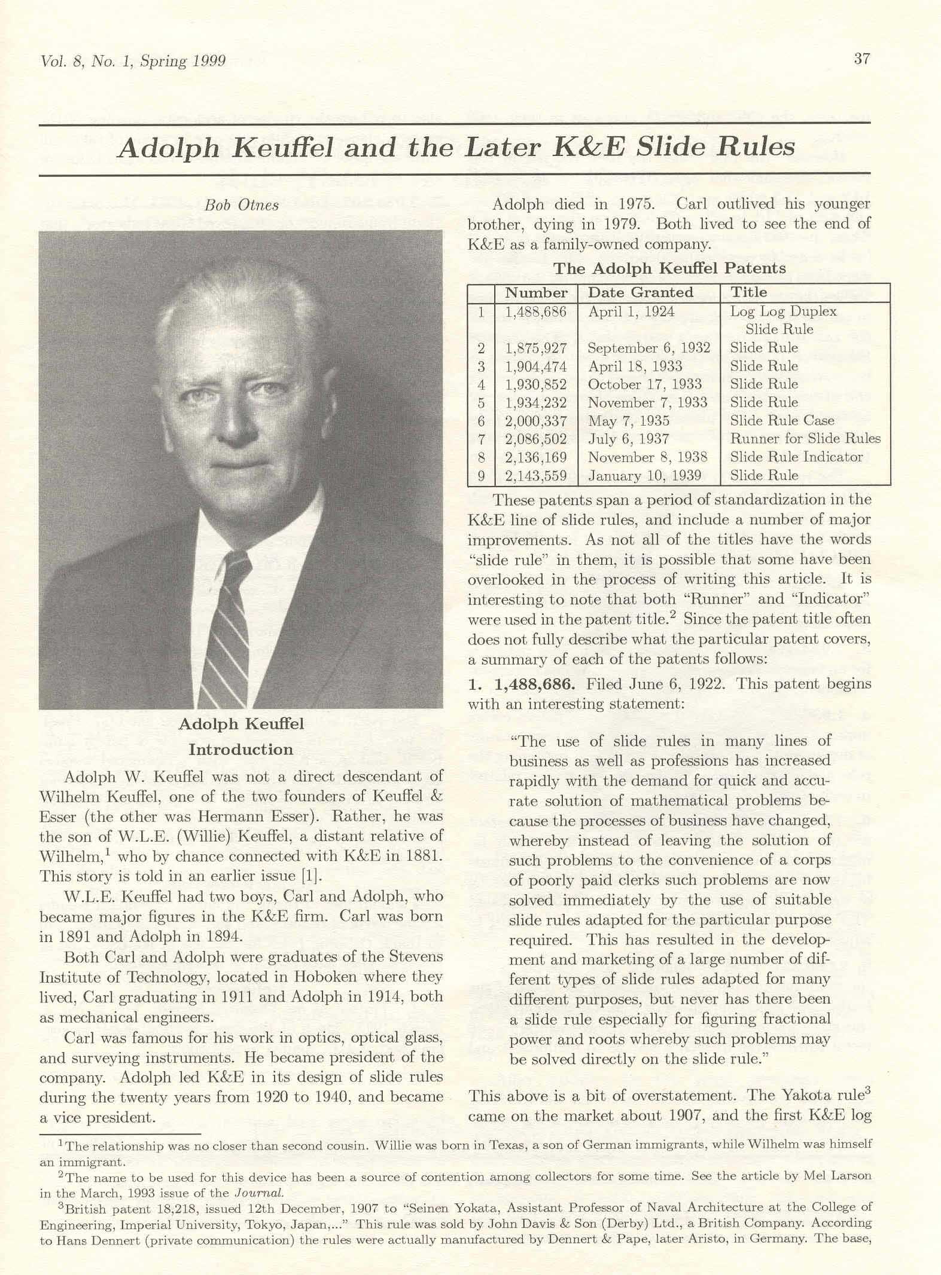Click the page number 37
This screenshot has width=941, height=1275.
861,59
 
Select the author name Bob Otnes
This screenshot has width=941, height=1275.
241,205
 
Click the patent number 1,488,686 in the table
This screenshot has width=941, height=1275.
535,312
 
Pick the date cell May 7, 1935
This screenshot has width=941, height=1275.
628,421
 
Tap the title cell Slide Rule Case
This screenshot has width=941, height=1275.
782,421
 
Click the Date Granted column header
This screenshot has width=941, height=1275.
640,292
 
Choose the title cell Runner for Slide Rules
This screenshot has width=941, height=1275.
805,439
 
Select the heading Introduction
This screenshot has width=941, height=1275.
241,750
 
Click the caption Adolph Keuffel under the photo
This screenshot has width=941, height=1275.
241,724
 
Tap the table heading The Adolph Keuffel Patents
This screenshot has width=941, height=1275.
669,268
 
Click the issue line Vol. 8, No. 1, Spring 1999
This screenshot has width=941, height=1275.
132,61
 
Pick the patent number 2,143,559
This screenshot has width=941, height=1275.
535,476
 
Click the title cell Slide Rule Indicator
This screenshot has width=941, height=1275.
796,457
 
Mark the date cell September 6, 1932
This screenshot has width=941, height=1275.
648,348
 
